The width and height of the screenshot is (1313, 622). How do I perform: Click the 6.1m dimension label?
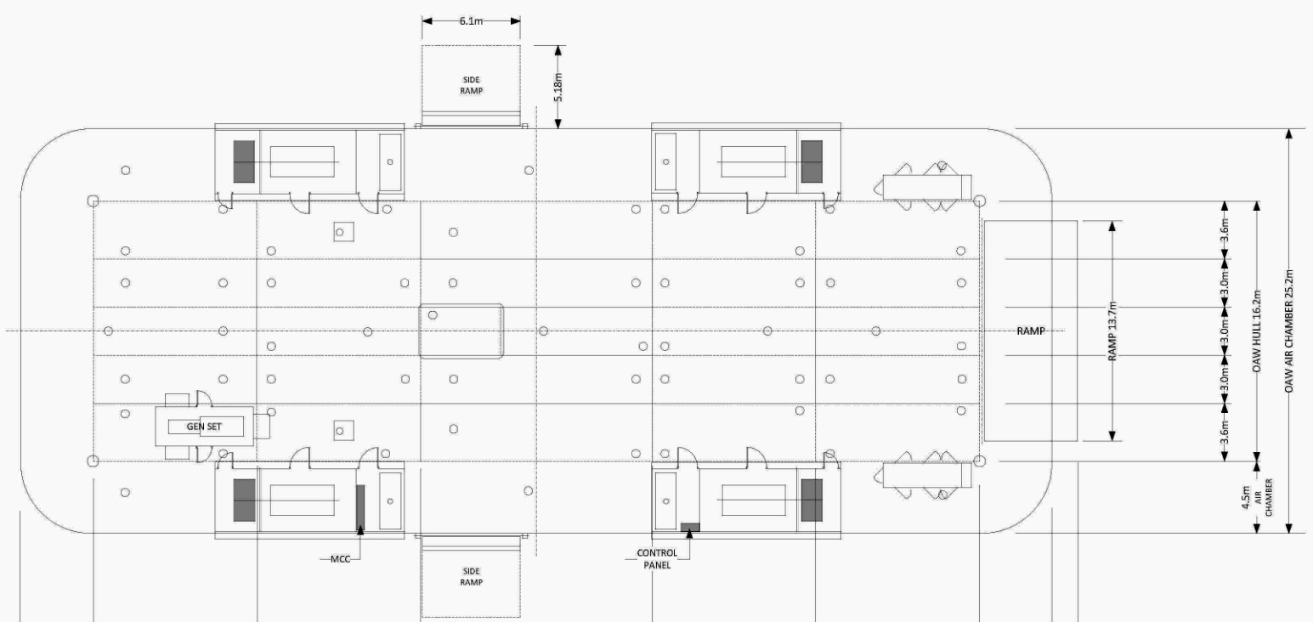point(471,21)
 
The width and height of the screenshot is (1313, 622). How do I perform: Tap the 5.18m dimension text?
point(558,88)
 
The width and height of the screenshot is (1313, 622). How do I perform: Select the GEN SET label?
point(204,427)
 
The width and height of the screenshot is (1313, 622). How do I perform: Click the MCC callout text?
point(341,559)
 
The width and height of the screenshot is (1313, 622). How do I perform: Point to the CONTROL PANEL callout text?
point(657,558)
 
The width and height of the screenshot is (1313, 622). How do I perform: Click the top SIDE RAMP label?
point(472,85)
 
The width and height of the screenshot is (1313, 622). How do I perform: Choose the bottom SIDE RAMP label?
point(472,576)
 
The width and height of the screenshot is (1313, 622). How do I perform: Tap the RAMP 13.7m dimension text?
point(1112,331)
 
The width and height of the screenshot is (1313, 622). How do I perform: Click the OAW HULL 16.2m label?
point(1256,331)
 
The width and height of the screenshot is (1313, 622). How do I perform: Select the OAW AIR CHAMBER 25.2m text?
point(1288,331)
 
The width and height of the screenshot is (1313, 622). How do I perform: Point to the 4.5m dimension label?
point(1246,497)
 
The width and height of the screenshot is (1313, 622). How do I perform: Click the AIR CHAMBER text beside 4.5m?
point(1263,498)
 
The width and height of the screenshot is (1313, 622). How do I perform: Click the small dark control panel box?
point(690,527)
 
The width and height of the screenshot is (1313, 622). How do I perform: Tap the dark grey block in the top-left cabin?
point(244,161)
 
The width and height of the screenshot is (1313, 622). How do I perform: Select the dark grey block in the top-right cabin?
point(812,161)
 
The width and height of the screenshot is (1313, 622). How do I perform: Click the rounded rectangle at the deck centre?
point(461,304)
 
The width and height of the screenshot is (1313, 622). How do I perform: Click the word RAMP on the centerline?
point(1031,331)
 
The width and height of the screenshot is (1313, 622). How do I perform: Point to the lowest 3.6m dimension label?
point(1225,433)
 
